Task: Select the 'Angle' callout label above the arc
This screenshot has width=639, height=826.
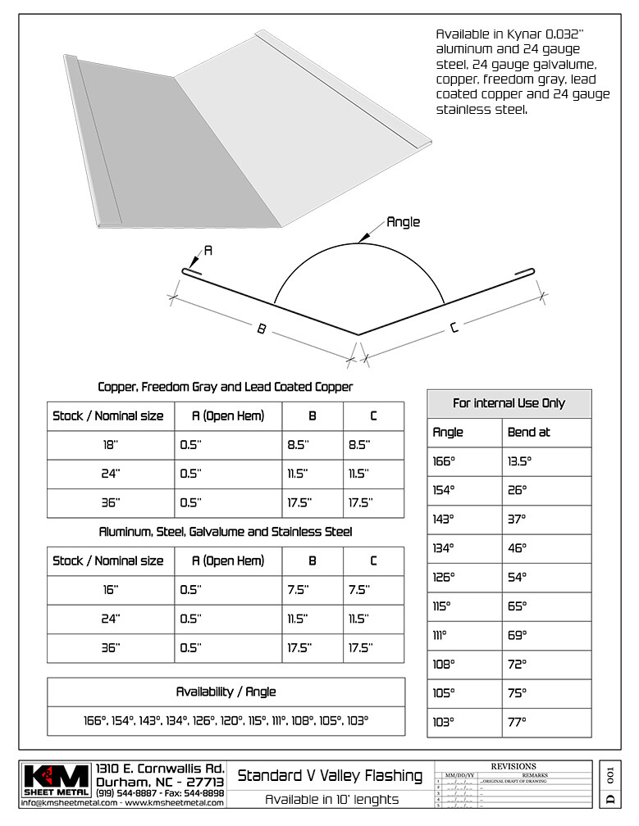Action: pos(403,221)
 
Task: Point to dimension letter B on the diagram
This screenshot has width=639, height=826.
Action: pos(261,329)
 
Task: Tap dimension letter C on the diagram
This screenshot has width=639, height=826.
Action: pos(454,328)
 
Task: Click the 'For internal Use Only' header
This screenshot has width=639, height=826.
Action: pos(509,403)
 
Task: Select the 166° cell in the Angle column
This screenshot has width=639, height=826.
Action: pos(444,461)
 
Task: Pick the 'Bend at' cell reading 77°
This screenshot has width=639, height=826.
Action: pos(517,723)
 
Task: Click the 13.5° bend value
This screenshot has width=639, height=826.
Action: pos(519,461)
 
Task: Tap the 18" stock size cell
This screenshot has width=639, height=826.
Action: pos(110,445)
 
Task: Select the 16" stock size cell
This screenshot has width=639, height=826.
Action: pos(110,590)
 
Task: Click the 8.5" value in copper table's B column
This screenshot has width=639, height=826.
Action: pos(298,445)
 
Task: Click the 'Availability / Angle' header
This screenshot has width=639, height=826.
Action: pos(226,692)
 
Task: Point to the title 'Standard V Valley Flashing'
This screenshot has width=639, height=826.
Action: pos(330,775)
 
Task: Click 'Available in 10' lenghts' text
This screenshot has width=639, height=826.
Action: pos(331,800)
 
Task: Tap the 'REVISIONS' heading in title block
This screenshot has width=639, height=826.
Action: pos(513,766)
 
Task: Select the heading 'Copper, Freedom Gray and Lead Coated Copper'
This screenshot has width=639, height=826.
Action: pos(226,386)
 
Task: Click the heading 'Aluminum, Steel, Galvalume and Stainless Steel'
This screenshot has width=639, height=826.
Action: pos(226,532)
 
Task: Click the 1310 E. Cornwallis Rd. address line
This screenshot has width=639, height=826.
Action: pos(160,769)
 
